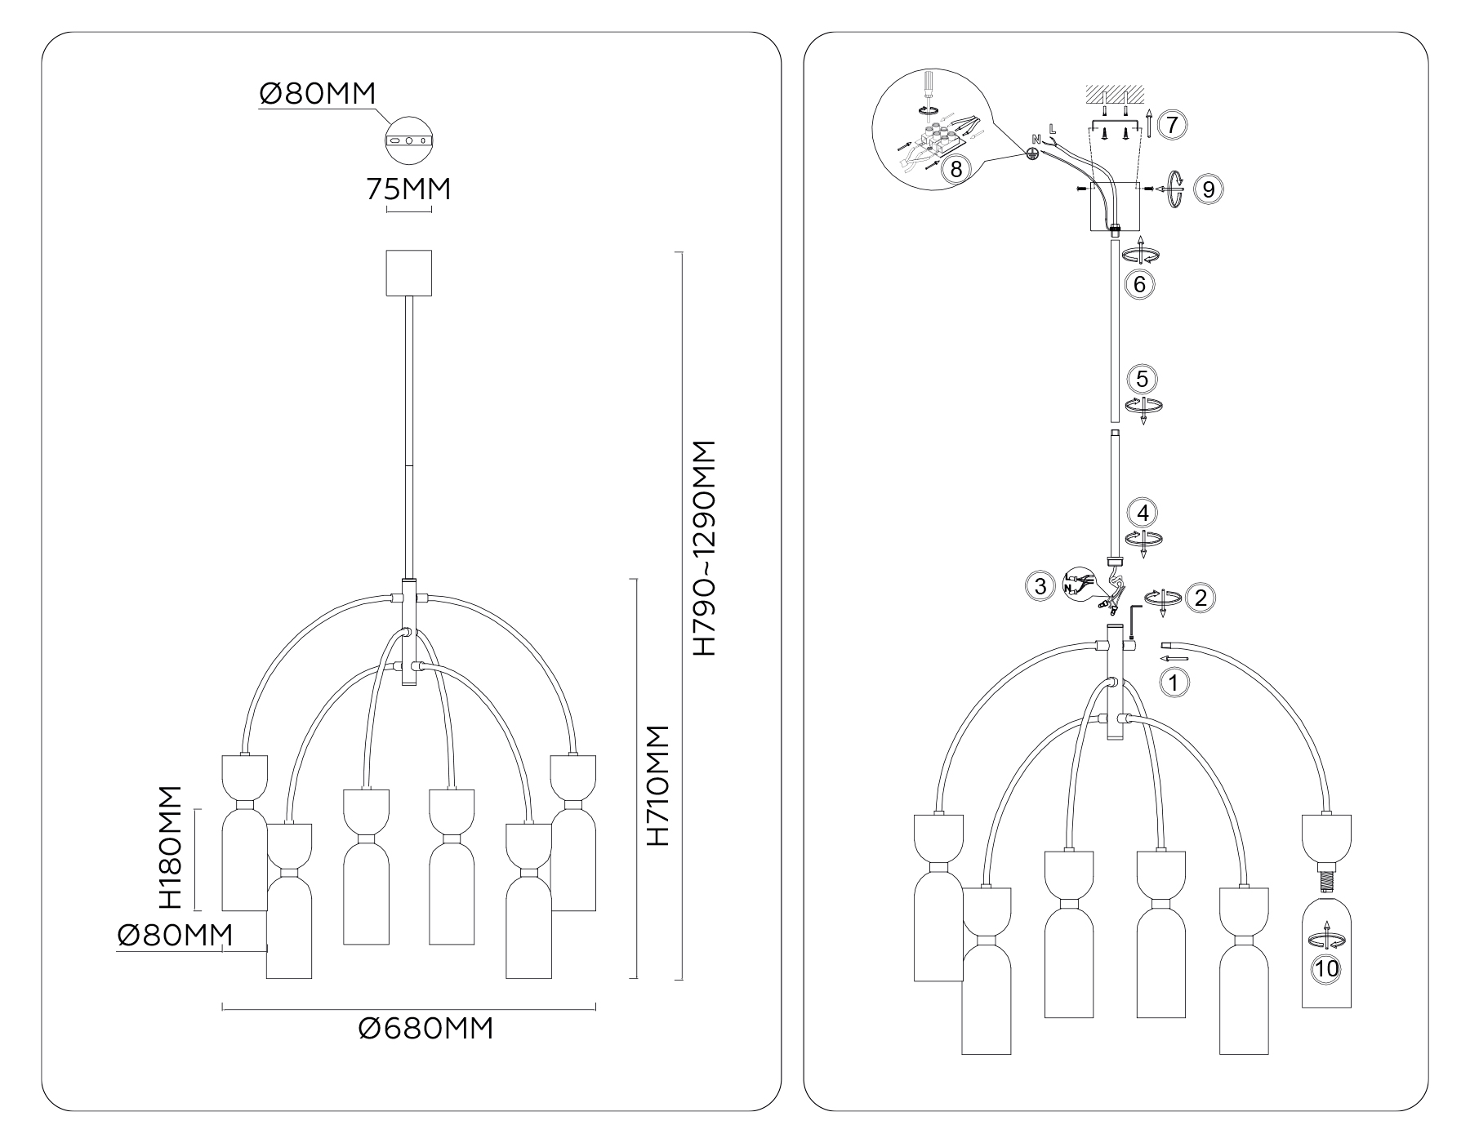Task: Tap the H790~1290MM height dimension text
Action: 703,549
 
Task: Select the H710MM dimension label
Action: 657,785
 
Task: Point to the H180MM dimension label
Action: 169,847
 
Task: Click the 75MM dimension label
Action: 408,189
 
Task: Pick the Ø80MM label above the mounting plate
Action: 318,94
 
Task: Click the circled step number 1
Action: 1174,682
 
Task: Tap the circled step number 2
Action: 1200,598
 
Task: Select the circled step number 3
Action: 1040,586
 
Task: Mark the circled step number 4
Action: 1143,513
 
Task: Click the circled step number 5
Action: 1142,379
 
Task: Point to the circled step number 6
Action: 1139,285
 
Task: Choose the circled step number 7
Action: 1172,125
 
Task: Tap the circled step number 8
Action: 955,170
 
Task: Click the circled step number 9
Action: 1209,189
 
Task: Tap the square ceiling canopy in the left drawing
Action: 408,274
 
